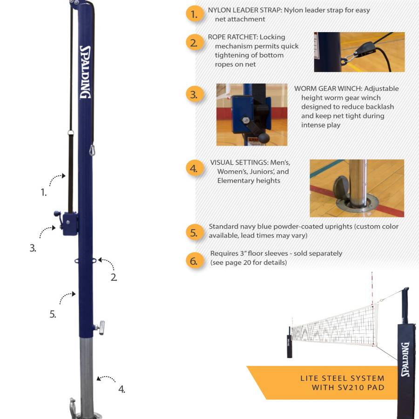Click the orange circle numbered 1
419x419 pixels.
pyautogui.click(x=194, y=14)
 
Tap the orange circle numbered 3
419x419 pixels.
pyautogui.click(x=194, y=95)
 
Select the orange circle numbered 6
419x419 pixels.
pyautogui.click(x=194, y=261)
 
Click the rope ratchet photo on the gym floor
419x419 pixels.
pyautogui.click(x=359, y=52)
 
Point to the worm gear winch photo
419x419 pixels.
pyautogui.click(x=252, y=115)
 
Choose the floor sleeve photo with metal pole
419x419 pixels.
pyautogui.click(x=357, y=188)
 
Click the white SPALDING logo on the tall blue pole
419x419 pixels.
pyautogui.click(x=85, y=72)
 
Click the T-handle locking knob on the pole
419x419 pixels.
pyautogui.click(x=100, y=327)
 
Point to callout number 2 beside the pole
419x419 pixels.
pyautogui.click(x=114, y=277)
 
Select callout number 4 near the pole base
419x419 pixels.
pyautogui.click(x=122, y=389)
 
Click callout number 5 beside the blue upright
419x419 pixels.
pyautogui.click(x=53, y=314)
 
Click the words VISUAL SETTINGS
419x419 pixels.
pyautogui.click(x=239, y=162)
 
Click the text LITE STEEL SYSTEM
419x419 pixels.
pyautogui.click(x=342, y=378)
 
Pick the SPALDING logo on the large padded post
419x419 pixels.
pyautogui.click(x=405, y=359)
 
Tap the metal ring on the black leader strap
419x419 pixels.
pyautogui.click(x=71, y=133)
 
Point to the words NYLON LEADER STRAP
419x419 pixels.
pyautogui.click(x=244, y=10)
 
